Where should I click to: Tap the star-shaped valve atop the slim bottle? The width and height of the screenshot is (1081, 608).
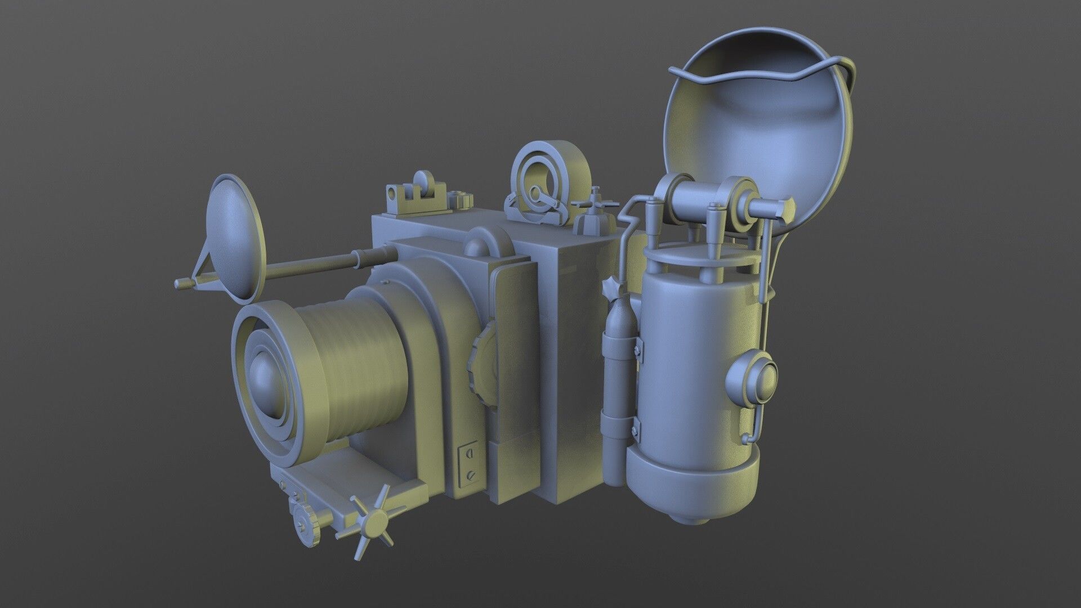point(611,288)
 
